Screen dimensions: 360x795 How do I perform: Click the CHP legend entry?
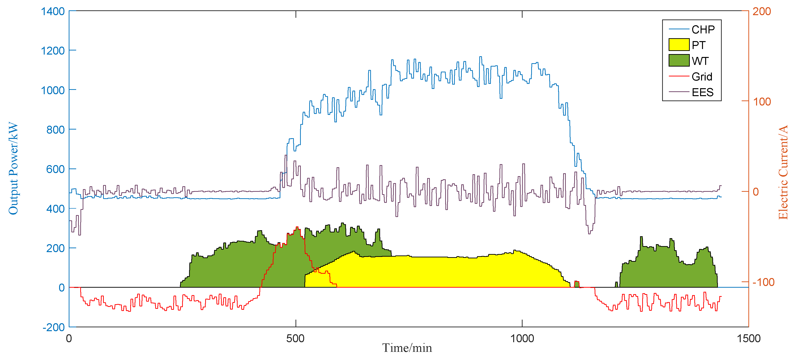click(703, 30)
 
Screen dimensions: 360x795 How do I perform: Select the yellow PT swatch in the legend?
click(679, 45)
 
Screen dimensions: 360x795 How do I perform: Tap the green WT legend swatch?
click(679, 61)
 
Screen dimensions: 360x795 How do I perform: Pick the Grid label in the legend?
click(702, 77)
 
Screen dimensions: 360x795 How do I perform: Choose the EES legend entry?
click(703, 92)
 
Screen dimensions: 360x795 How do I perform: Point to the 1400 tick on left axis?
click(53, 12)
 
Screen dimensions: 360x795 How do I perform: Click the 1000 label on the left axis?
click(53, 90)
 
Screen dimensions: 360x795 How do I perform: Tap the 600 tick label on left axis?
click(55, 169)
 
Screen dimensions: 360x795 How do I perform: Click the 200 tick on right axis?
click(761, 12)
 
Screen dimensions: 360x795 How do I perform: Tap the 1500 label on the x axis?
click(748, 338)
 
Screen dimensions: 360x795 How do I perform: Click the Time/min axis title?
click(407, 348)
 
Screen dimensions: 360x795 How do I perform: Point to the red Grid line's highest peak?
click(297, 227)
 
